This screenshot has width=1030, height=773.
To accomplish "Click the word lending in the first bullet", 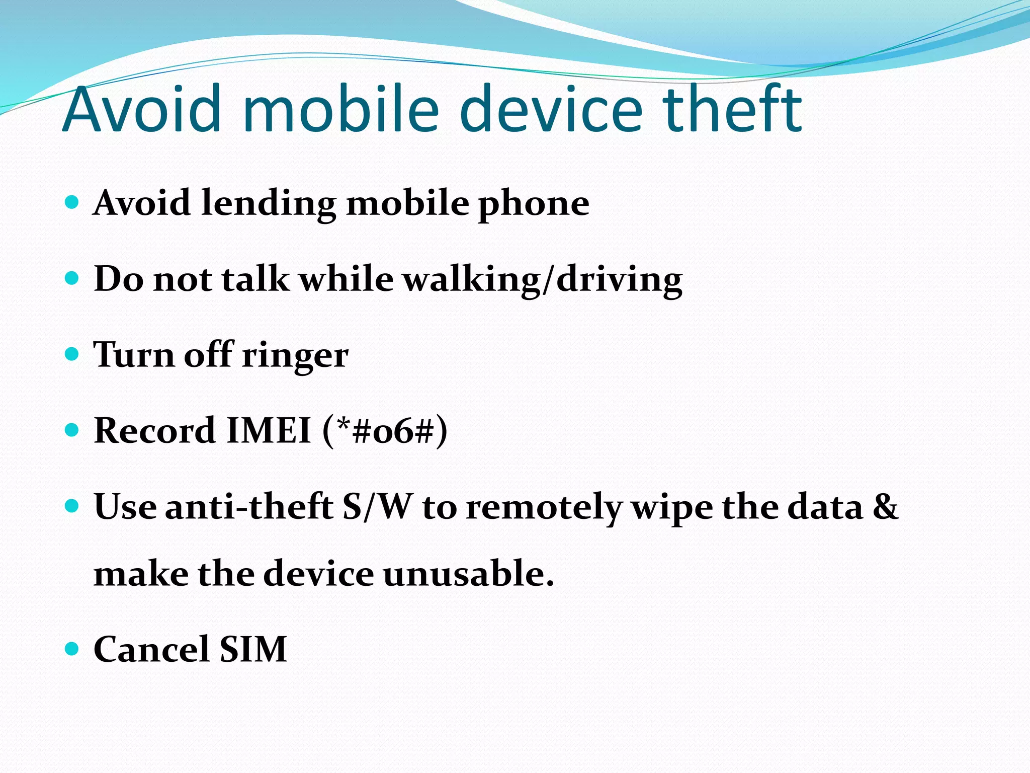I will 269,204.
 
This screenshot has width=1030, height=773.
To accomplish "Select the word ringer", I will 295,356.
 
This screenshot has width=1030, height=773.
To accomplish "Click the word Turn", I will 134,355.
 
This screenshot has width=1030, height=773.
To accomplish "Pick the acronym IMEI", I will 269,431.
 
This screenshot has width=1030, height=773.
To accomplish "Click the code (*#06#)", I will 385,431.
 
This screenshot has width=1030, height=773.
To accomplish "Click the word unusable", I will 468,574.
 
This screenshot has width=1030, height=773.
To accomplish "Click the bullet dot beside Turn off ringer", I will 72,354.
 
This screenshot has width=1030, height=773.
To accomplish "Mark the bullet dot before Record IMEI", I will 72,430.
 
